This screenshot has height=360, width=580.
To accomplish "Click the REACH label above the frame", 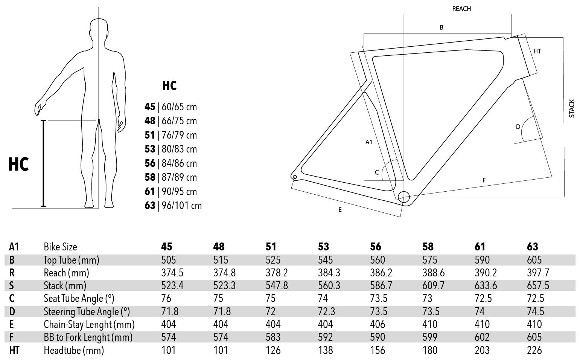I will (x=461, y=9).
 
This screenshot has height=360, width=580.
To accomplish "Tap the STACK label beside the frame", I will (x=572, y=108).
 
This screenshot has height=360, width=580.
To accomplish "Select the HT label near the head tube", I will (x=537, y=51).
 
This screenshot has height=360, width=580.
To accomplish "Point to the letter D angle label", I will (x=518, y=127).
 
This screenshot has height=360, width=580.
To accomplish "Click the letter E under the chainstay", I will (x=340, y=210).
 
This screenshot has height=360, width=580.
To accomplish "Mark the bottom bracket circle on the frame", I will (x=403, y=197).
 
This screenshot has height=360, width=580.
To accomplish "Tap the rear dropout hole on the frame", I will (x=295, y=177).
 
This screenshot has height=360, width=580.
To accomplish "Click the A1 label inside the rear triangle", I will (x=369, y=142).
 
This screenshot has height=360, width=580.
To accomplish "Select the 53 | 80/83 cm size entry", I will (x=170, y=149).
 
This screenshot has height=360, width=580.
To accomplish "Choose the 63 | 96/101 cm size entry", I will (x=173, y=206).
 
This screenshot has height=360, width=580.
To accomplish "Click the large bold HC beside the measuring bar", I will (x=19, y=165).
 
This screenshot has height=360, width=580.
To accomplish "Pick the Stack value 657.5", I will (x=538, y=285).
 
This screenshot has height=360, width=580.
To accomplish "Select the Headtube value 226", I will (x=534, y=350).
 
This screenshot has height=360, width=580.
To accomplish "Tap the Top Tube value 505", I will (x=168, y=260).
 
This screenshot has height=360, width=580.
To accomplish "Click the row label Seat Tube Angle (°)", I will (x=79, y=299).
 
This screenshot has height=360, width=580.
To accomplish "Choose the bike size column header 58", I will (x=428, y=247).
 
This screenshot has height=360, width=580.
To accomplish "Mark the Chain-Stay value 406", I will (x=378, y=324).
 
